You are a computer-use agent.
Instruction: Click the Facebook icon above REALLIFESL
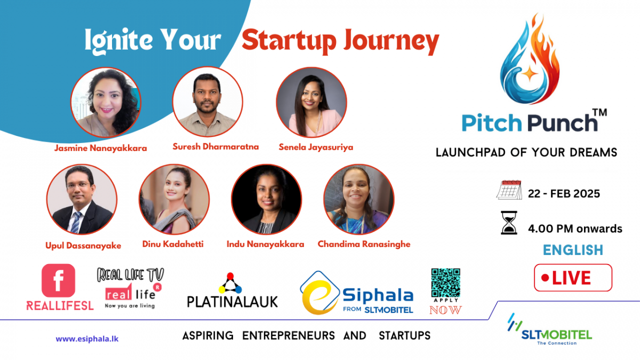(59, 281)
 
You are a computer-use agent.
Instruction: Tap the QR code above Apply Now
(446, 283)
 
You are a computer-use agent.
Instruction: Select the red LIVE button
(573, 278)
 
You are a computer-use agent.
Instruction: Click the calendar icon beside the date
(509, 190)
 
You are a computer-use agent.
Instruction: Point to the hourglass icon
(509, 223)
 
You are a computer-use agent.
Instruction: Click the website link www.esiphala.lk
(87, 339)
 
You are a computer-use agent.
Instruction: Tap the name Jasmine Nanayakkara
(101, 148)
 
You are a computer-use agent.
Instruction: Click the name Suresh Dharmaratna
(215, 147)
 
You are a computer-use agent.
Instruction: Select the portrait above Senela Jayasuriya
(311, 102)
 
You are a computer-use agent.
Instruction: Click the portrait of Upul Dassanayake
(82, 199)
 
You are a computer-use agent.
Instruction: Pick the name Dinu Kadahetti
(173, 244)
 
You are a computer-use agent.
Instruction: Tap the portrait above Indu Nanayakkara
(267, 199)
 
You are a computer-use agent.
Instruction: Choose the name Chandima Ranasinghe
(364, 244)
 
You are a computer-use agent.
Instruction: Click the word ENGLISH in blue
(573, 250)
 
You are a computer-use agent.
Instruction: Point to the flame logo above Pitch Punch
(530, 59)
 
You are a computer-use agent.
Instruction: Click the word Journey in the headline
(391, 41)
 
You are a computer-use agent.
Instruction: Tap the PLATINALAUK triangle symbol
(230, 283)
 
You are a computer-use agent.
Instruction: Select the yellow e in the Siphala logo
(318, 297)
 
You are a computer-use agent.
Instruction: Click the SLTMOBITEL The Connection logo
(549, 330)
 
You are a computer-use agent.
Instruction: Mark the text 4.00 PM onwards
(575, 229)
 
